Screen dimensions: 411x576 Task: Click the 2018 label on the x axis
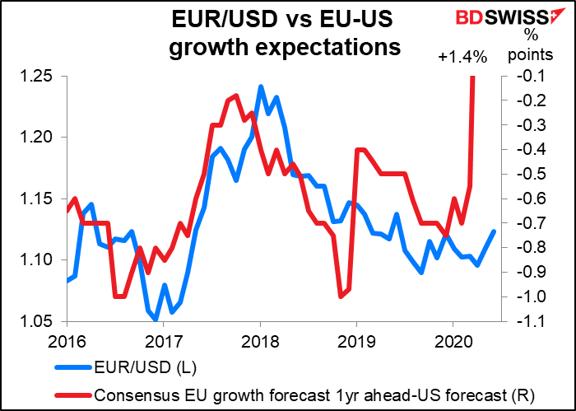tap(260, 339)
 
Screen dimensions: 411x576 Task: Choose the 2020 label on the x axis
tap(453, 339)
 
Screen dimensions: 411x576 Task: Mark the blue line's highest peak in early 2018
tap(260, 86)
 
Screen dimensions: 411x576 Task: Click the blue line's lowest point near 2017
tap(156, 320)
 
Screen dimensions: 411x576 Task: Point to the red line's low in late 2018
tap(340, 296)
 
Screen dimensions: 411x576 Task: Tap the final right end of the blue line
tap(494, 231)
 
